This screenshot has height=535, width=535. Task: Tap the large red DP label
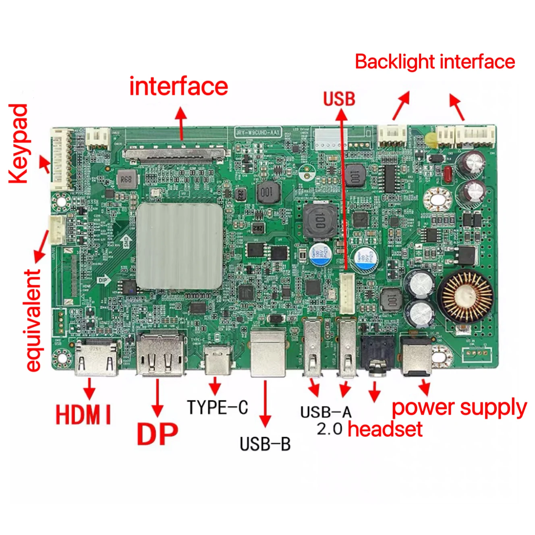click(x=157, y=433)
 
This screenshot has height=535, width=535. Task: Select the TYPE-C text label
click(x=217, y=407)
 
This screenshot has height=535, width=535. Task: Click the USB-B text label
click(x=265, y=444)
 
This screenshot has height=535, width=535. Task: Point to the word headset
click(x=385, y=429)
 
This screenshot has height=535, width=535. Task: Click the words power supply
click(x=459, y=408)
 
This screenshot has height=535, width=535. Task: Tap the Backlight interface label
click(x=435, y=62)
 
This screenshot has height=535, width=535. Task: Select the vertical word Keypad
click(x=19, y=144)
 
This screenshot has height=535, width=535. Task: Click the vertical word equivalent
click(x=33, y=321)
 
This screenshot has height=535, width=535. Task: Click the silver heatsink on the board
click(x=179, y=246)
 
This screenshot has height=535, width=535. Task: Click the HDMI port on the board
click(x=97, y=358)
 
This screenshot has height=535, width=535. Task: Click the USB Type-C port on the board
click(x=218, y=359)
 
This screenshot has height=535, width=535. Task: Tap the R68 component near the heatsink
click(x=126, y=179)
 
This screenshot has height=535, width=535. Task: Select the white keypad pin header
click(x=61, y=160)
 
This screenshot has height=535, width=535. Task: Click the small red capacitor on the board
click(x=447, y=174)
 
